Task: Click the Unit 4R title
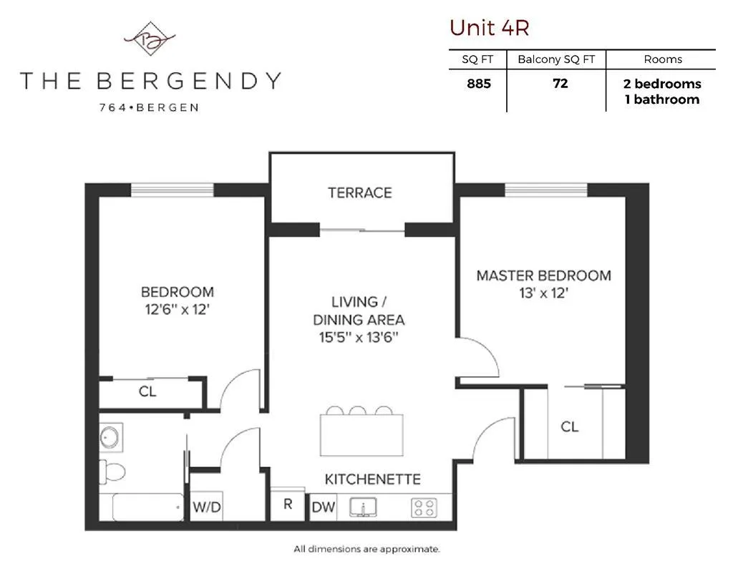click(489, 27)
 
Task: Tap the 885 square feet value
click(479, 83)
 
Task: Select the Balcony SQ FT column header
click(556, 60)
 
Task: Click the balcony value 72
click(560, 83)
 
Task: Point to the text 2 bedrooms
click(662, 84)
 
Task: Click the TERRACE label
click(360, 192)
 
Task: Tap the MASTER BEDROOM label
click(544, 275)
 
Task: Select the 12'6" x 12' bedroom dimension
click(177, 310)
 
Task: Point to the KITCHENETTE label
click(372, 479)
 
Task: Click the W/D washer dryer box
click(207, 507)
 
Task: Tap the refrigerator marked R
click(288, 504)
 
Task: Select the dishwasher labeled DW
click(324, 507)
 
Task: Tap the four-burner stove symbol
click(424, 508)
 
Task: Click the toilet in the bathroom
click(113, 470)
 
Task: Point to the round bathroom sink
click(110, 436)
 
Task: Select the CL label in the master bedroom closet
click(569, 427)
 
